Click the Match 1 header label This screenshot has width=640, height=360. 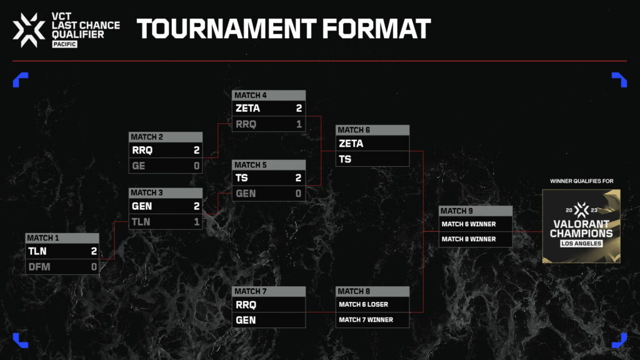click(x=43, y=238)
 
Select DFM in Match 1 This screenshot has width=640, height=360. click(x=39, y=267)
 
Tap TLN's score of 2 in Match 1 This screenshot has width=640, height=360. click(x=94, y=251)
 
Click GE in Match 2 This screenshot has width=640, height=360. click(x=138, y=166)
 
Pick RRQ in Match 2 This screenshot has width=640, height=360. click(x=142, y=150)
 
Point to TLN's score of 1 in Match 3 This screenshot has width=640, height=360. click(x=197, y=222)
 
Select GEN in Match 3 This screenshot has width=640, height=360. click(x=142, y=206)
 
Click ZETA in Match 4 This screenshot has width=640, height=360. click(x=247, y=108)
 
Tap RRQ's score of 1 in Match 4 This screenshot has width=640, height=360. click(x=299, y=124)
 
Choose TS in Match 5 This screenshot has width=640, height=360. click(x=242, y=178)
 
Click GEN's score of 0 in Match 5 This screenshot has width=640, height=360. click(x=298, y=194)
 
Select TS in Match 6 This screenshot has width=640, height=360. click(x=345, y=159)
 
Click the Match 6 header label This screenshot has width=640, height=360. click(x=354, y=130)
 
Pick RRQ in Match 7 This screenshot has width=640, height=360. click(x=246, y=305)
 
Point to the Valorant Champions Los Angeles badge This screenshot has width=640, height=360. click(x=581, y=226)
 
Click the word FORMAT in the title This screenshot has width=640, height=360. click(x=376, y=29)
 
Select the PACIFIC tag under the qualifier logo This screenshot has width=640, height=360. click(x=64, y=44)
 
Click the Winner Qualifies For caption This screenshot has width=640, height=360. click(x=582, y=181)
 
